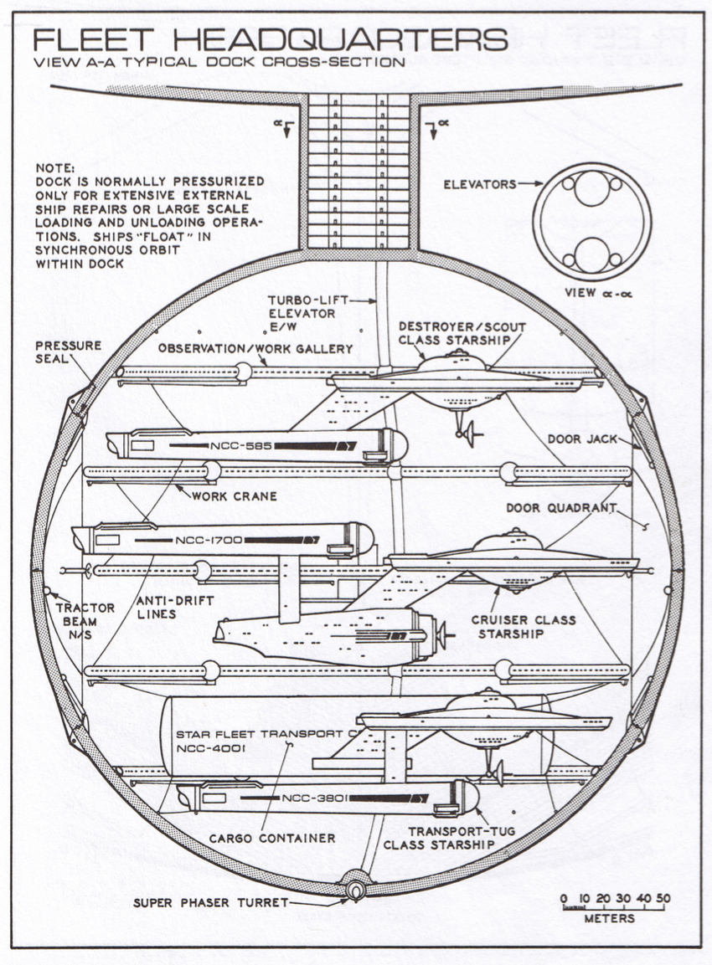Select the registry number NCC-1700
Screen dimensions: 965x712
pos(209,540)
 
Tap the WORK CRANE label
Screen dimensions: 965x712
pos(235,496)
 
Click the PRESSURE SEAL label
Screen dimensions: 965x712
pos(68,352)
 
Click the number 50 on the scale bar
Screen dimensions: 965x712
pos(663,899)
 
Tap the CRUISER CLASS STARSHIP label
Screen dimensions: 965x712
pos(524,627)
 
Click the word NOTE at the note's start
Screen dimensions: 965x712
pos(56,167)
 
